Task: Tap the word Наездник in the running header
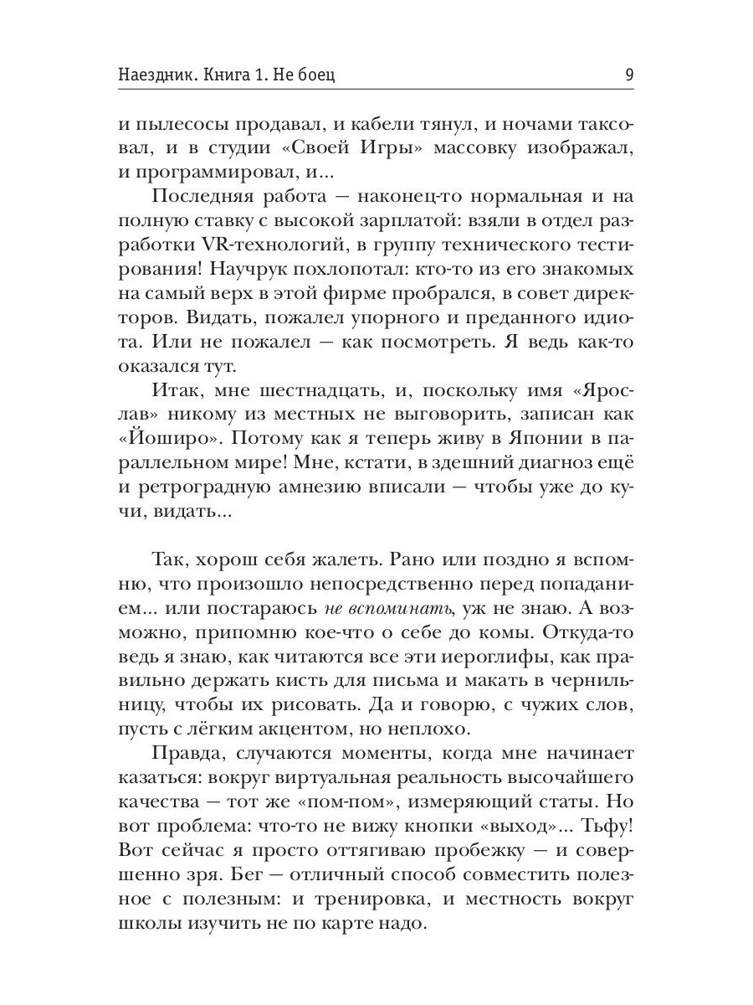(160, 75)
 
